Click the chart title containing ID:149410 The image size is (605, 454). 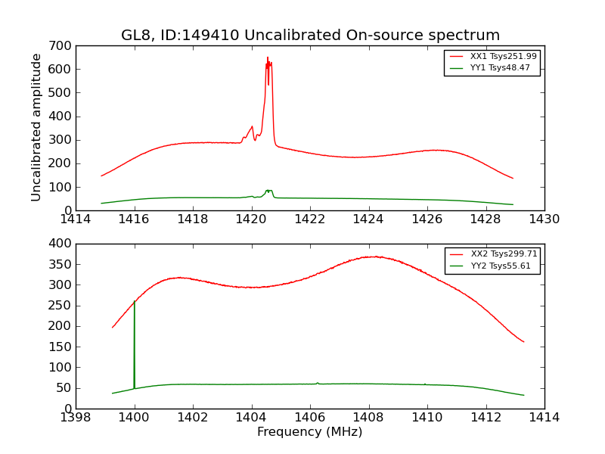tap(310, 36)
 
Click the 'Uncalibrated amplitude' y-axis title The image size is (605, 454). tap(36, 127)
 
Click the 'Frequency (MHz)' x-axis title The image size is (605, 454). tap(309, 432)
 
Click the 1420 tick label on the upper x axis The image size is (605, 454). tap(251, 219)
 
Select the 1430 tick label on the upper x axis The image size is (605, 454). tap(544, 219)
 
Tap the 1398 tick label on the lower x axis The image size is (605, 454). tap(76, 418)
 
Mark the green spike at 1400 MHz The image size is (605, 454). tap(135, 303)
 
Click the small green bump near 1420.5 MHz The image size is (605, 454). tap(268, 191)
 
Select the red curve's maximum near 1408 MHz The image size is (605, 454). tap(376, 257)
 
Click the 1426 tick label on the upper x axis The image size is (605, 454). tap(427, 219)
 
